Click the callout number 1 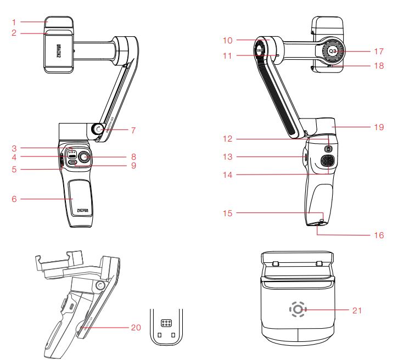point(15,22)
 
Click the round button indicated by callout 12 point(329,148)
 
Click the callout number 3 point(16,148)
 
